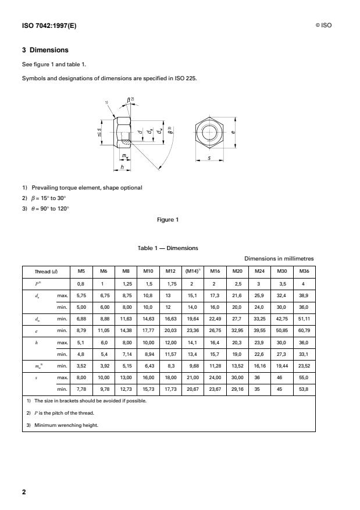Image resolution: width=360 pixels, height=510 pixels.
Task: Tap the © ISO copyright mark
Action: click(x=323, y=25)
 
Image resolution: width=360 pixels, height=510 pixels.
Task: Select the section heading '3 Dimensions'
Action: click(x=45, y=51)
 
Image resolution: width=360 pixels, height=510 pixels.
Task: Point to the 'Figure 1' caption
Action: click(x=168, y=219)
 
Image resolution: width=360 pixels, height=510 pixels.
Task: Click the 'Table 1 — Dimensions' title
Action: click(x=167, y=248)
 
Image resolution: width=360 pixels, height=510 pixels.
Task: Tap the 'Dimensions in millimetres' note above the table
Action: click(x=280, y=258)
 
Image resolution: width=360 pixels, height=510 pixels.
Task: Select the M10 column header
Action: click(x=148, y=270)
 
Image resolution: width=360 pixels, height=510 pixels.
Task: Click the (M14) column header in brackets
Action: click(x=193, y=270)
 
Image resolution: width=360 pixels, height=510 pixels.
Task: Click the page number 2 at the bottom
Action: click(x=24, y=491)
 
